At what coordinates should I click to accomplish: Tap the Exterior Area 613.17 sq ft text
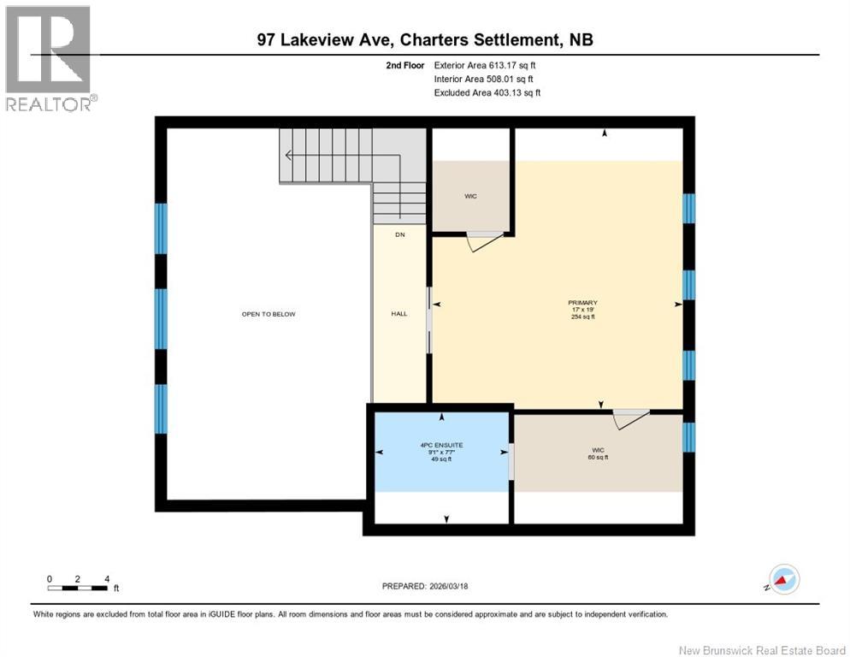click(x=485, y=64)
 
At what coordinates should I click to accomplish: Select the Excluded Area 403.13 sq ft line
click(x=487, y=92)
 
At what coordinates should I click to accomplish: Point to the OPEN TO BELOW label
click(x=268, y=314)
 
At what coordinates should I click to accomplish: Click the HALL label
click(x=399, y=314)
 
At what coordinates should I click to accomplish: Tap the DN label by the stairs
click(x=399, y=234)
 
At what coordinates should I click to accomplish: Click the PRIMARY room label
click(x=582, y=303)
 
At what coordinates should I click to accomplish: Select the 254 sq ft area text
click(x=582, y=317)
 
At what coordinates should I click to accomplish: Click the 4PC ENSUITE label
click(x=441, y=445)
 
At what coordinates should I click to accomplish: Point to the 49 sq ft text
click(x=441, y=459)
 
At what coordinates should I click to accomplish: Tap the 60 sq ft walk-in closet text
click(x=597, y=458)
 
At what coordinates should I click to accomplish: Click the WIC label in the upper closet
click(x=470, y=197)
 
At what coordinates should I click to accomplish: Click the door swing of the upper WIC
click(x=483, y=242)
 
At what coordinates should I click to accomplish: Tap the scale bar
click(x=78, y=588)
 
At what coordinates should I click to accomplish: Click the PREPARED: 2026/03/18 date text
click(x=425, y=586)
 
